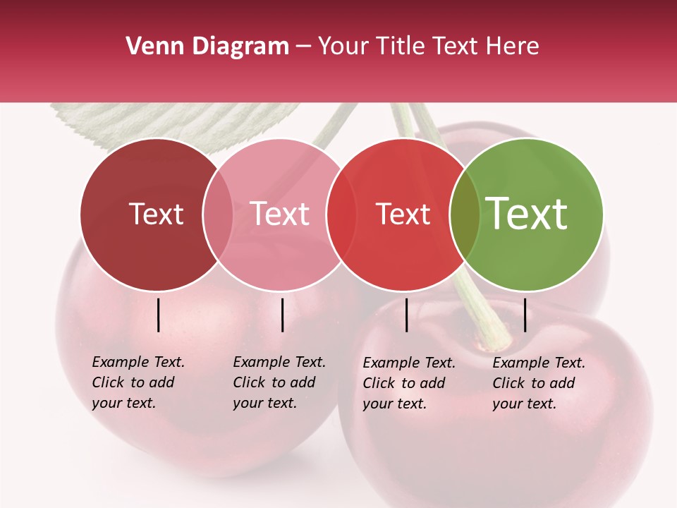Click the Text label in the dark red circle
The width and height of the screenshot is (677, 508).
coord(156,214)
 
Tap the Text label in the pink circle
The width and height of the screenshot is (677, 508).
coord(280,214)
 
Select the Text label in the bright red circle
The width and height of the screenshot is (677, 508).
coord(403,214)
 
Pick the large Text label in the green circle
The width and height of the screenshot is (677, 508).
coord(527,214)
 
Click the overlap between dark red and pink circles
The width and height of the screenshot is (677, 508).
coord(218,214)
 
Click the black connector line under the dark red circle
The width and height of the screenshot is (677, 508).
coord(159,315)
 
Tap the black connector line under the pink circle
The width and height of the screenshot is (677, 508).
coord(282,315)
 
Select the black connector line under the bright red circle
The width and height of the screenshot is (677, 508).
coord(407,315)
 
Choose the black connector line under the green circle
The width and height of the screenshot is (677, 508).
coord(525,315)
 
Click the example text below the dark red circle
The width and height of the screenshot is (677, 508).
coord(138,382)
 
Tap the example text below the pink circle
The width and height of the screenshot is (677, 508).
coord(279,382)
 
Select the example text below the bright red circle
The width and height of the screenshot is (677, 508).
coord(409,383)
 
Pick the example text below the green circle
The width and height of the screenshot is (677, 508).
coord(539,383)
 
